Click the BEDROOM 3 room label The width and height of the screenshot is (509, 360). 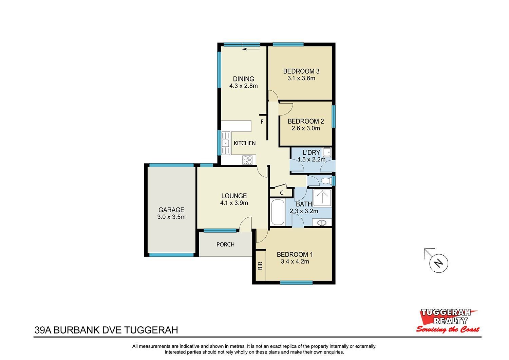tap(301, 71)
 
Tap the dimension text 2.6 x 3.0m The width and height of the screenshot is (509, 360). tap(306, 128)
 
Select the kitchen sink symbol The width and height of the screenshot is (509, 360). tap(226, 143)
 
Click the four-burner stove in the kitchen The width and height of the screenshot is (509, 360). tap(247, 160)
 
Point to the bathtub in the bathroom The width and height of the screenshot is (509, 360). tap(278, 212)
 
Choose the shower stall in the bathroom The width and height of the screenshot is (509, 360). tap(322, 198)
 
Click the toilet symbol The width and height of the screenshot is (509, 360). tap(326, 181)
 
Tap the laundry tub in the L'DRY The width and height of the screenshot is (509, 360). tap(327, 152)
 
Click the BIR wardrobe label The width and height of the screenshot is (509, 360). tap(260, 266)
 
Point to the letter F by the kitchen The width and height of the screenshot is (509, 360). tap(262, 122)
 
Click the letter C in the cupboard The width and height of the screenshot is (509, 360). tap(282, 193)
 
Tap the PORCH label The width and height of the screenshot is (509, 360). tap(225, 245)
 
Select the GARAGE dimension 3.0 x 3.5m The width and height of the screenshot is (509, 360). tap(171, 217)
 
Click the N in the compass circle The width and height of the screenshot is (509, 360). tap(438, 263)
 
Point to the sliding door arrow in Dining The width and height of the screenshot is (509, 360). tap(251, 49)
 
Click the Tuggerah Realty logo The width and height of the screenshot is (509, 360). tap(448, 321)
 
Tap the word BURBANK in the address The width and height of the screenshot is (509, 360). tap(77, 330)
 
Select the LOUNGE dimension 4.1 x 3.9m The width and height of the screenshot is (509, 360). tap(234, 203)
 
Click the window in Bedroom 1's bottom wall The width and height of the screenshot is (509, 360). tap(296, 283)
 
